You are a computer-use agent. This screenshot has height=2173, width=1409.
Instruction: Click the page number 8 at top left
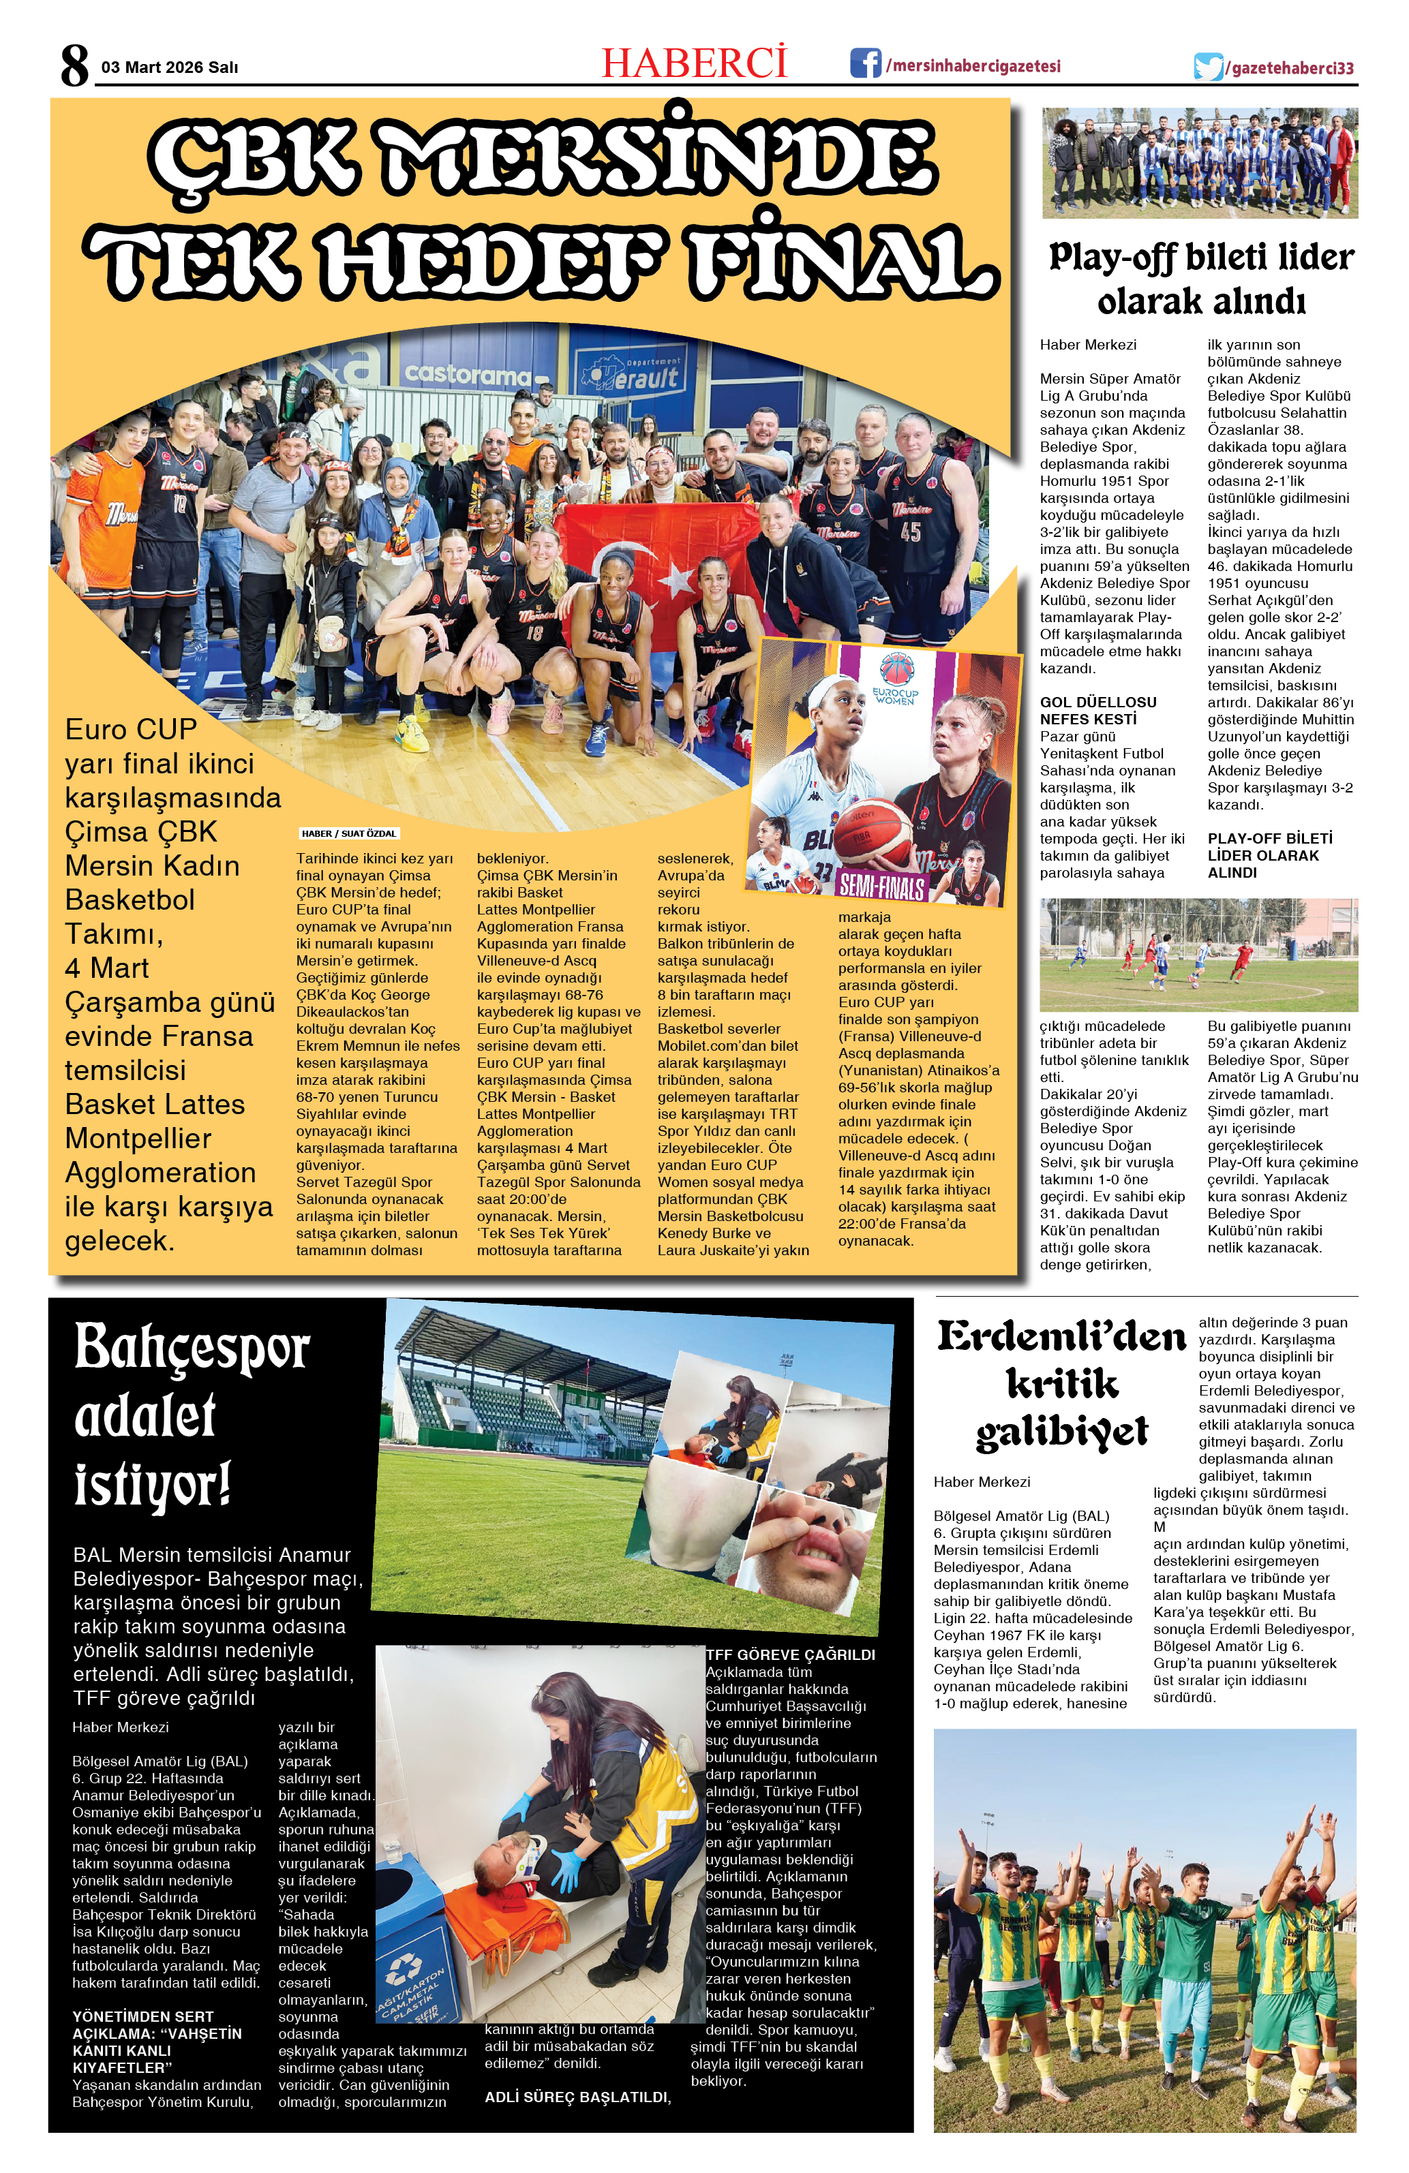[x=75, y=65]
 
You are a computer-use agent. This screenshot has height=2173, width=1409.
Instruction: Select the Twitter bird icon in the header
[x=1207, y=67]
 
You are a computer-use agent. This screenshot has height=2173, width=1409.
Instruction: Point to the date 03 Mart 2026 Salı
[x=170, y=67]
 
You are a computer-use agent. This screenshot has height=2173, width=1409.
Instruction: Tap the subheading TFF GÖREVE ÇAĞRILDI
[x=790, y=1654]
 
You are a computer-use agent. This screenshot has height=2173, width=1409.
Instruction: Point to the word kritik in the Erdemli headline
[x=1062, y=1383]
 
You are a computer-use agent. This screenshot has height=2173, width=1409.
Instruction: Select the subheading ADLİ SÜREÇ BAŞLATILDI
[x=577, y=2097]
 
